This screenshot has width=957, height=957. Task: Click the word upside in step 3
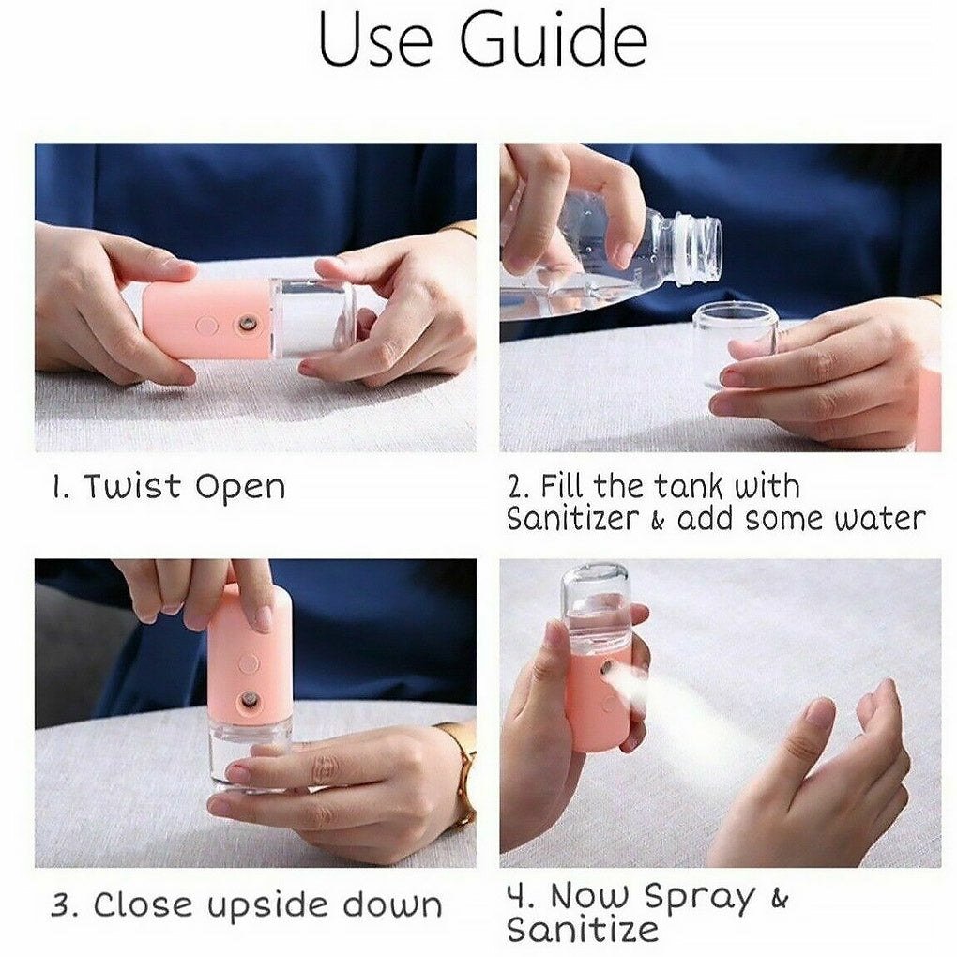click(x=269, y=907)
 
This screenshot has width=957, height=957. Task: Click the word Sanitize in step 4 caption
click(x=583, y=930)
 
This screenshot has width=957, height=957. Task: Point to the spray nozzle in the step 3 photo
click(x=250, y=700)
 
